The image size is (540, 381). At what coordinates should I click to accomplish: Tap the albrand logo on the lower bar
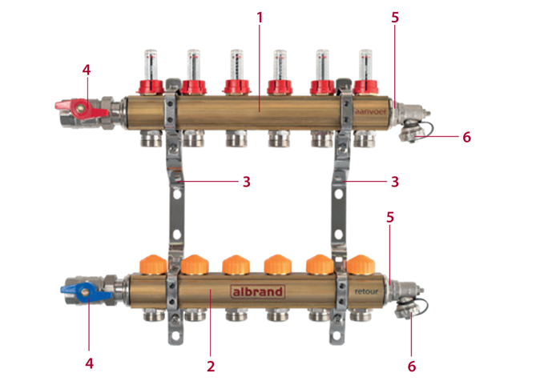point(256,291)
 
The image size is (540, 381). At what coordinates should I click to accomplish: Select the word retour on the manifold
point(368,292)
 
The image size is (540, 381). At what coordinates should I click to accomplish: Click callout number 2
point(210,366)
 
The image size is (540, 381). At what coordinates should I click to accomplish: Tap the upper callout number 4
point(87,69)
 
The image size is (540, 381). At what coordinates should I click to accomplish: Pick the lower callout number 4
point(89,363)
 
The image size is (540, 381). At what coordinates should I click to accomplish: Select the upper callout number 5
point(394,17)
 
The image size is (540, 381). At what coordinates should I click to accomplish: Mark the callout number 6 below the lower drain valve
point(412,366)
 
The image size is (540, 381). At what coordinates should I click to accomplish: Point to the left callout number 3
point(246,182)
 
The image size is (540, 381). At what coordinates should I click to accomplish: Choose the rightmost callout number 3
point(394,182)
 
